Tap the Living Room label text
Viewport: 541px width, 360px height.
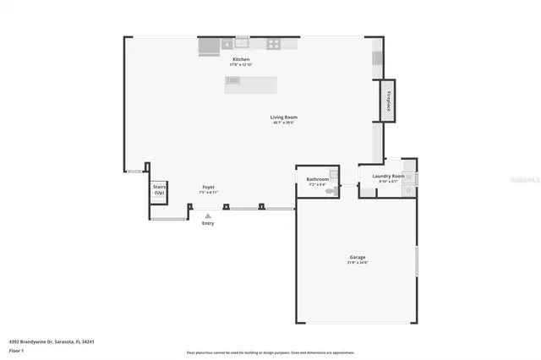[x=283, y=117]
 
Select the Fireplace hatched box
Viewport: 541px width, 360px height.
[x=388, y=100]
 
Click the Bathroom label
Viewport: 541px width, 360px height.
[x=317, y=179]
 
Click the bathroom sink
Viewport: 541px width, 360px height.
[x=334, y=173]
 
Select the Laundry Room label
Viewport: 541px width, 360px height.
[x=388, y=177]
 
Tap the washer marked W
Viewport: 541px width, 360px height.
[x=408, y=177]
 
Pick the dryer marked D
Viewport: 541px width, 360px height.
[x=408, y=189]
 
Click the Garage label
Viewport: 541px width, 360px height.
[x=358, y=257]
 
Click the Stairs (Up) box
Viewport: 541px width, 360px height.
[x=159, y=191]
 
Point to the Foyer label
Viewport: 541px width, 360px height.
[x=208, y=187]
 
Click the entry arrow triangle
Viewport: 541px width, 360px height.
[x=207, y=215]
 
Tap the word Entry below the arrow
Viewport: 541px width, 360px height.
[x=208, y=223]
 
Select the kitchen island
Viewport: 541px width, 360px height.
[x=250, y=84]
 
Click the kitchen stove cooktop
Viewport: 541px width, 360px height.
[x=274, y=44]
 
